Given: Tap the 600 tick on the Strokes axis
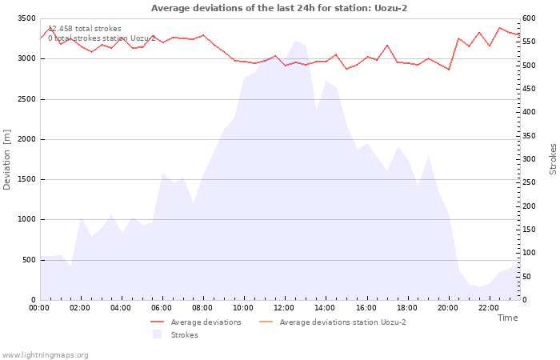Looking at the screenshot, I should coord(529,18).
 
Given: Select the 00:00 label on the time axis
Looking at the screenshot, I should coord(39,307).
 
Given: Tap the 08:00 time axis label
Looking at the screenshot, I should coord(202,307).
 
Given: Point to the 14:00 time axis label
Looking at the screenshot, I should coord(325,307).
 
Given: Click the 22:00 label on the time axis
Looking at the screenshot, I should coord(488,307).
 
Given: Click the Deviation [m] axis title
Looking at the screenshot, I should coord(7,159).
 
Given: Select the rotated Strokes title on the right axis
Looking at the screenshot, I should coord(553,159).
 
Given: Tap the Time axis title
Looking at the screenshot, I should coord(507,318).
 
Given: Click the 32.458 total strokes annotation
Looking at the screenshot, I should coord(85,29).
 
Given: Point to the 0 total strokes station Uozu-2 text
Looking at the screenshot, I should coord(102,38).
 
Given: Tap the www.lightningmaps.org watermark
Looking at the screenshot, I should coord(45,354).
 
